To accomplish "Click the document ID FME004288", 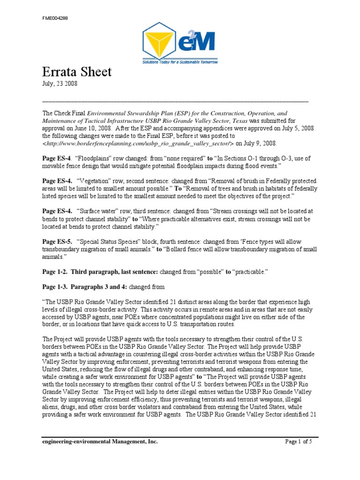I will (x=54, y=19).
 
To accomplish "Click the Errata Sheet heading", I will (x=77, y=72).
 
